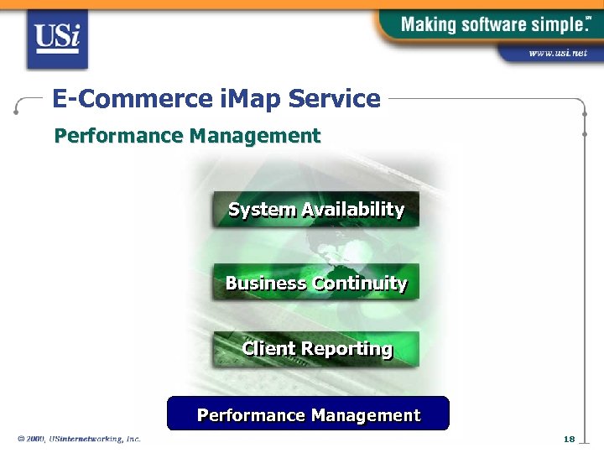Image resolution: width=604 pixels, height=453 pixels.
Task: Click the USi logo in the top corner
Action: tap(56, 38)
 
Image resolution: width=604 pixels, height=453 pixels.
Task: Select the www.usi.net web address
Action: tap(557, 53)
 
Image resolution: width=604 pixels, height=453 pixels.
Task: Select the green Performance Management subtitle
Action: tap(187, 136)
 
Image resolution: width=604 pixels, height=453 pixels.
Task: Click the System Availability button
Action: tap(315, 210)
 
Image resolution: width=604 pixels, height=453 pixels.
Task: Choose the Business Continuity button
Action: tap(315, 284)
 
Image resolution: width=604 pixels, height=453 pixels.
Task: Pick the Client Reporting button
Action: tap(315, 349)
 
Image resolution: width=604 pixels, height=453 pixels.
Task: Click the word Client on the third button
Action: tap(268, 349)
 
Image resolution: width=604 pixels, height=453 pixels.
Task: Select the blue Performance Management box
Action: tap(308, 414)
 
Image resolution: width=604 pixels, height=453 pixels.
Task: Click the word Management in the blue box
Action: tap(365, 415)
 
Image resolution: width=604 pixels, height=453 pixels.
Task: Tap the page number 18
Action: tap(569, 440)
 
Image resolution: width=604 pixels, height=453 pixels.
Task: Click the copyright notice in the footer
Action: tap(79, 439)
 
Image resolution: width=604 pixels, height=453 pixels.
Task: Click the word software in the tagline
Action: tap(486, 24)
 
